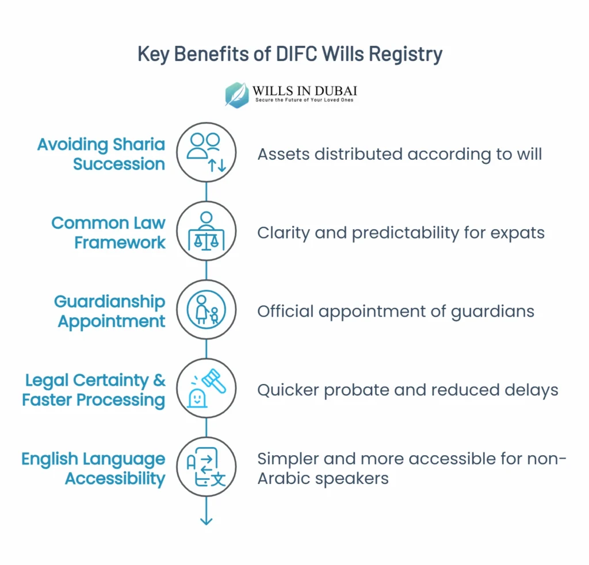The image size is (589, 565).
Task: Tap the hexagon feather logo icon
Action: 236,94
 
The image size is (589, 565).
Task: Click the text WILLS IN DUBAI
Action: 304,90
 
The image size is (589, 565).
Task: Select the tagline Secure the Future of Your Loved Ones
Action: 304,100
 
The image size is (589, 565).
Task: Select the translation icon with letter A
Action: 206,467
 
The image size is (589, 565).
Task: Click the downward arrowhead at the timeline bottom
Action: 206,521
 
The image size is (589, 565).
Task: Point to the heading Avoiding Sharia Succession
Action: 101,154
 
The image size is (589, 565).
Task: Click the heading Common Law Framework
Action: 108,232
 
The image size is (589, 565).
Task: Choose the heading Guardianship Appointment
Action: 110,311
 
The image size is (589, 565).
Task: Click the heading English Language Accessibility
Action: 93,468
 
